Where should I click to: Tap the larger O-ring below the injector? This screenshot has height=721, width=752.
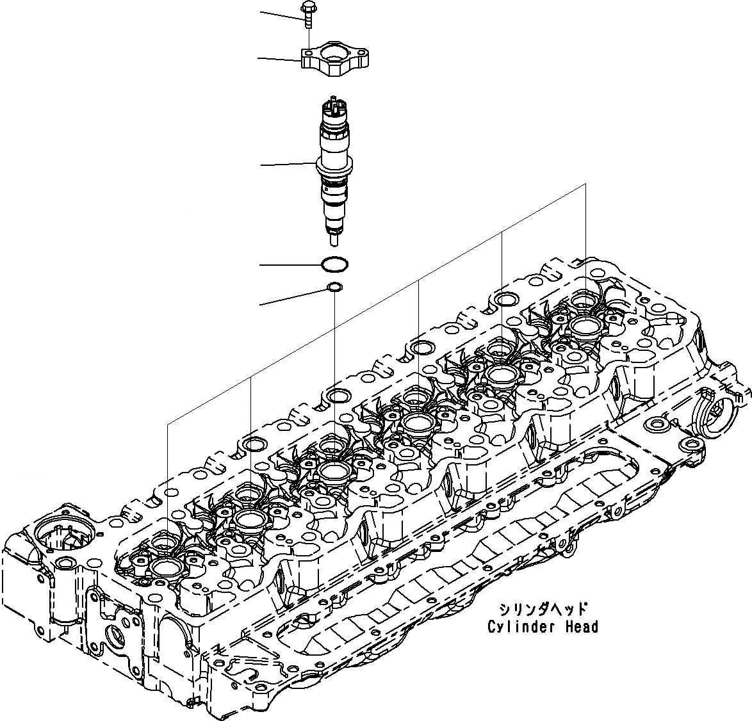click(x=334, y=264)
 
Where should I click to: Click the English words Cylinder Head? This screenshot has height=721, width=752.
click(x=542, y=627)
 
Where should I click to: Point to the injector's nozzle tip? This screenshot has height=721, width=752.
click(x=334, y=241)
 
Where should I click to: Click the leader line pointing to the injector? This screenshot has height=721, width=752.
click(x=288, y=165)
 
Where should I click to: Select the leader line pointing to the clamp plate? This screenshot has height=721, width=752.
click(x=279, y=60)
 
